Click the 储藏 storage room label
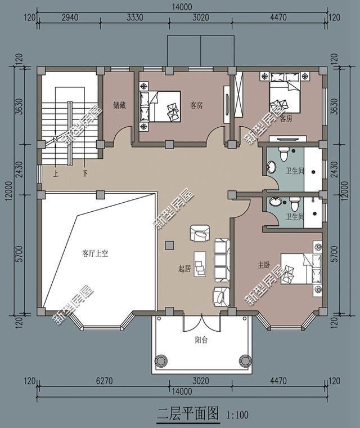pyautogui.click(x=119, y=105)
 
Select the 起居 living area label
pyautogui.click(x=184, y=269)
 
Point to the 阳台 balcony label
pyautogui.click(x=201, y=340)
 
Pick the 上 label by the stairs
pyautogui.click(x=56, y=173)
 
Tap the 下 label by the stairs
pyautogui.click(x=85, y=173)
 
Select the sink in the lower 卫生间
pyautogui.click(x=275, y=203)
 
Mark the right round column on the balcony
pyautogui.click(x=244, y=360)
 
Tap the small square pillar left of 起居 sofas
pyautogui.click(x=169, y=245)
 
